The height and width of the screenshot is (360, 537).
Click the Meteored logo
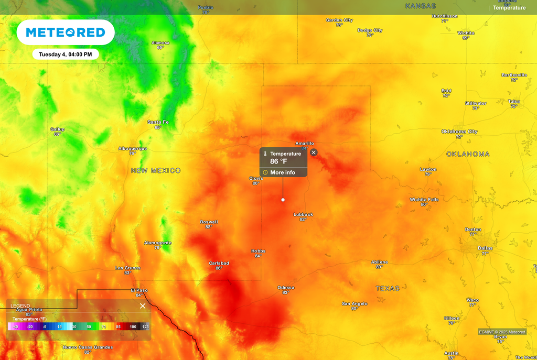pos(66,32)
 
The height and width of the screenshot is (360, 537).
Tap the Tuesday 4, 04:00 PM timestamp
pos(66,54)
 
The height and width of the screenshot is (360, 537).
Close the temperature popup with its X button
pos(314,152)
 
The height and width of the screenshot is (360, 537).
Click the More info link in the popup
pos(282,172)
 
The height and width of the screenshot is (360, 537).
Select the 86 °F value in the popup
pos(278,161)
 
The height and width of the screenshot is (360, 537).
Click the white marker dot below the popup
pos(283,200)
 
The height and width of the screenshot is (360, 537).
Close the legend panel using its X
pos(143,306)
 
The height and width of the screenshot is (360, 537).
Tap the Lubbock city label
pos(303,214)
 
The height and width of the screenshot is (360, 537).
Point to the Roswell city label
pos(209,222)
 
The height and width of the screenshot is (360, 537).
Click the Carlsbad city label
pos(219,263)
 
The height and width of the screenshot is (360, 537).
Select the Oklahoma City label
pos(459,132)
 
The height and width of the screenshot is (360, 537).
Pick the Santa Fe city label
pos(158,122)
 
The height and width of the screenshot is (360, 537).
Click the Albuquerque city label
pos(133,148)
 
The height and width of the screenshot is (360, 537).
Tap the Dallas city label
pos(485,248)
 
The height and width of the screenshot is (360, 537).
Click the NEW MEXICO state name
pos(156,171)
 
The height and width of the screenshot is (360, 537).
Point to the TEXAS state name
pos(388,289)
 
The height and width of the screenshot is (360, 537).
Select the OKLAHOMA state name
pos(468,154)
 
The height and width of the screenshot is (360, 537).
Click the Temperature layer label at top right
pos(509,8)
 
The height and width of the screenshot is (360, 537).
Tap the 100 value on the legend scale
pos(133,326)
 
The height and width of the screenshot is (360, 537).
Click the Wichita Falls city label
pos(424,199)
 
